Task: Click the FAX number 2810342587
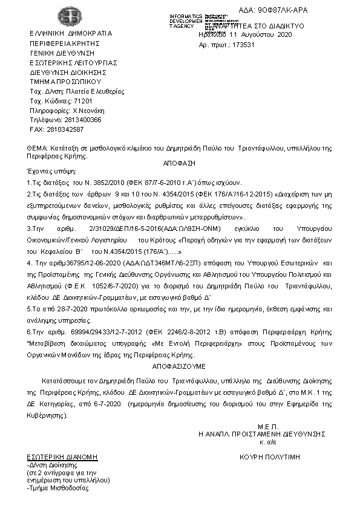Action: pyautogui.click(x=65, y=129)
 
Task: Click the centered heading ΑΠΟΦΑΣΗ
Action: pyautogui.click(x=180, y=164)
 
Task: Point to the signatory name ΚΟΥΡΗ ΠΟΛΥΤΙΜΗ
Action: pyautogui.click(x=270, y=458)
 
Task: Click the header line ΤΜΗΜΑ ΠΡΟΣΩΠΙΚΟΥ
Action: pyautogui.click(x=65, y=81)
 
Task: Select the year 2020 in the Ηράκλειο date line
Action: pyautogui.click(x=284, y=36)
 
